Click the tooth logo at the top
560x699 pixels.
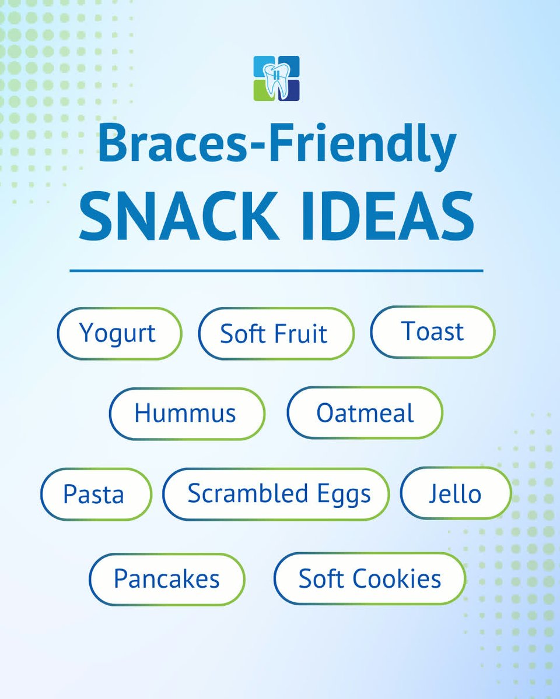tap(276, 79)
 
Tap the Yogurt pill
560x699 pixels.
tap(119, 334)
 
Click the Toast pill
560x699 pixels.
tap(432, 332)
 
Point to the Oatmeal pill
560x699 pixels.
tap(365, 413)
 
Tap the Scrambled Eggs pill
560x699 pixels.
tap(276, 493)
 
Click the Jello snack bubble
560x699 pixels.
tap(455, 494)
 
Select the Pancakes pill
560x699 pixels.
tap(167, 579)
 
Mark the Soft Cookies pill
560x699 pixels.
tap(369, 579)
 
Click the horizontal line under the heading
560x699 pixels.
tap(276, 271)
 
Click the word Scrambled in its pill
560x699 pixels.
tap(248, 493)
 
